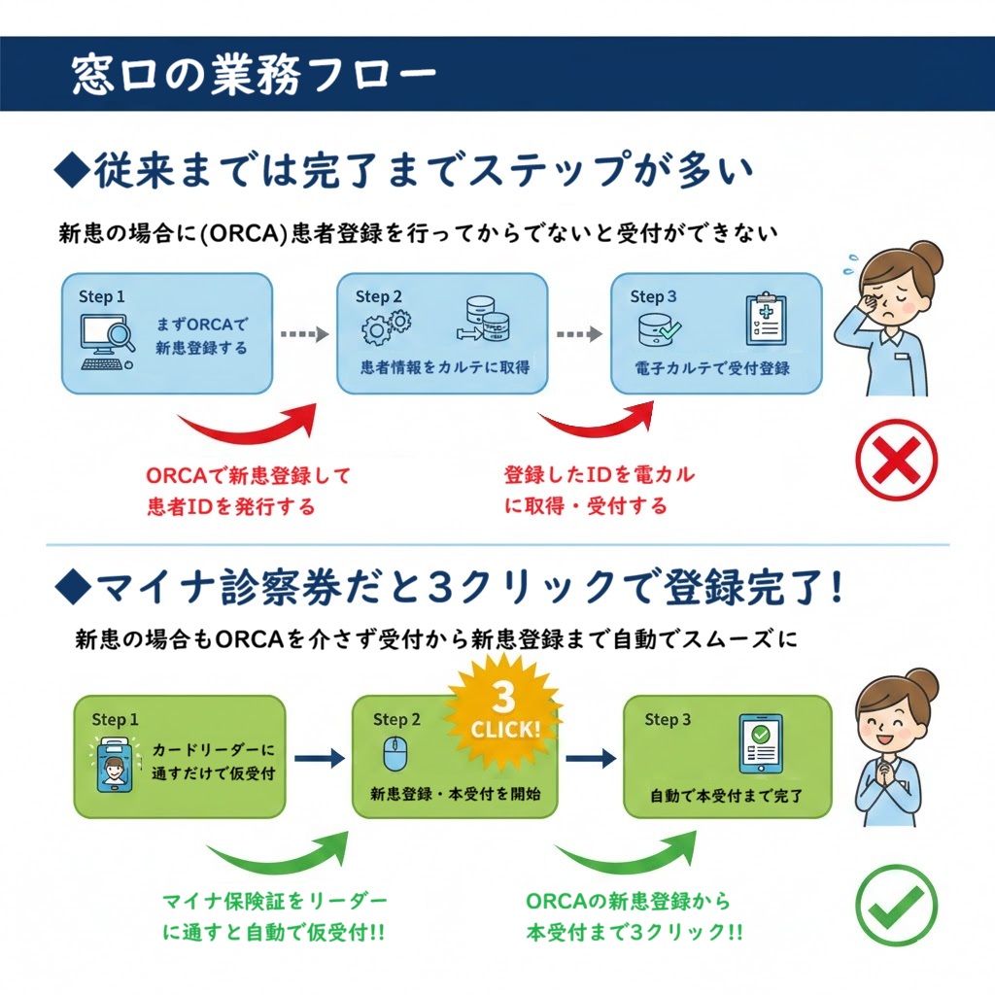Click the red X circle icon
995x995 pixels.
(x=896, y=461)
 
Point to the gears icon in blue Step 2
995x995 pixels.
(x=386, y=327)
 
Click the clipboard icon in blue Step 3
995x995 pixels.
(x=766, y=320)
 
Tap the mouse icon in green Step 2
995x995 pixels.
(x=395, y=753)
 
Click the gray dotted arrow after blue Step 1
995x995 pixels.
(x=304, y=334)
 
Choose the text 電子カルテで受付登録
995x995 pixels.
(x=712, y=368)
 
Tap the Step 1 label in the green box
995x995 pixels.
(x=115, y=719)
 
